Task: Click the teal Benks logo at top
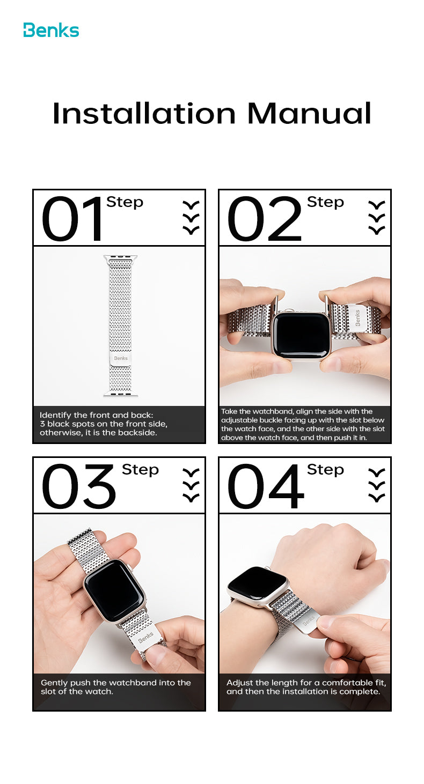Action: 51,31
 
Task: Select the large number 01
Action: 73,219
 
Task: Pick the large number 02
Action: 265,219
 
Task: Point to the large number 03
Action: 79,487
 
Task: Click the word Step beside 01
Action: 125,203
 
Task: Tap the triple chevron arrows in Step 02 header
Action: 377,218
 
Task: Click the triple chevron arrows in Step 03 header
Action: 191,485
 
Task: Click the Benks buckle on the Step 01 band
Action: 121,358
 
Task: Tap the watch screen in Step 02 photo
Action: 301,335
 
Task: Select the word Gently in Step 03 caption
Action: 55,683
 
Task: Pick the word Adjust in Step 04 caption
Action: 239,683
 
